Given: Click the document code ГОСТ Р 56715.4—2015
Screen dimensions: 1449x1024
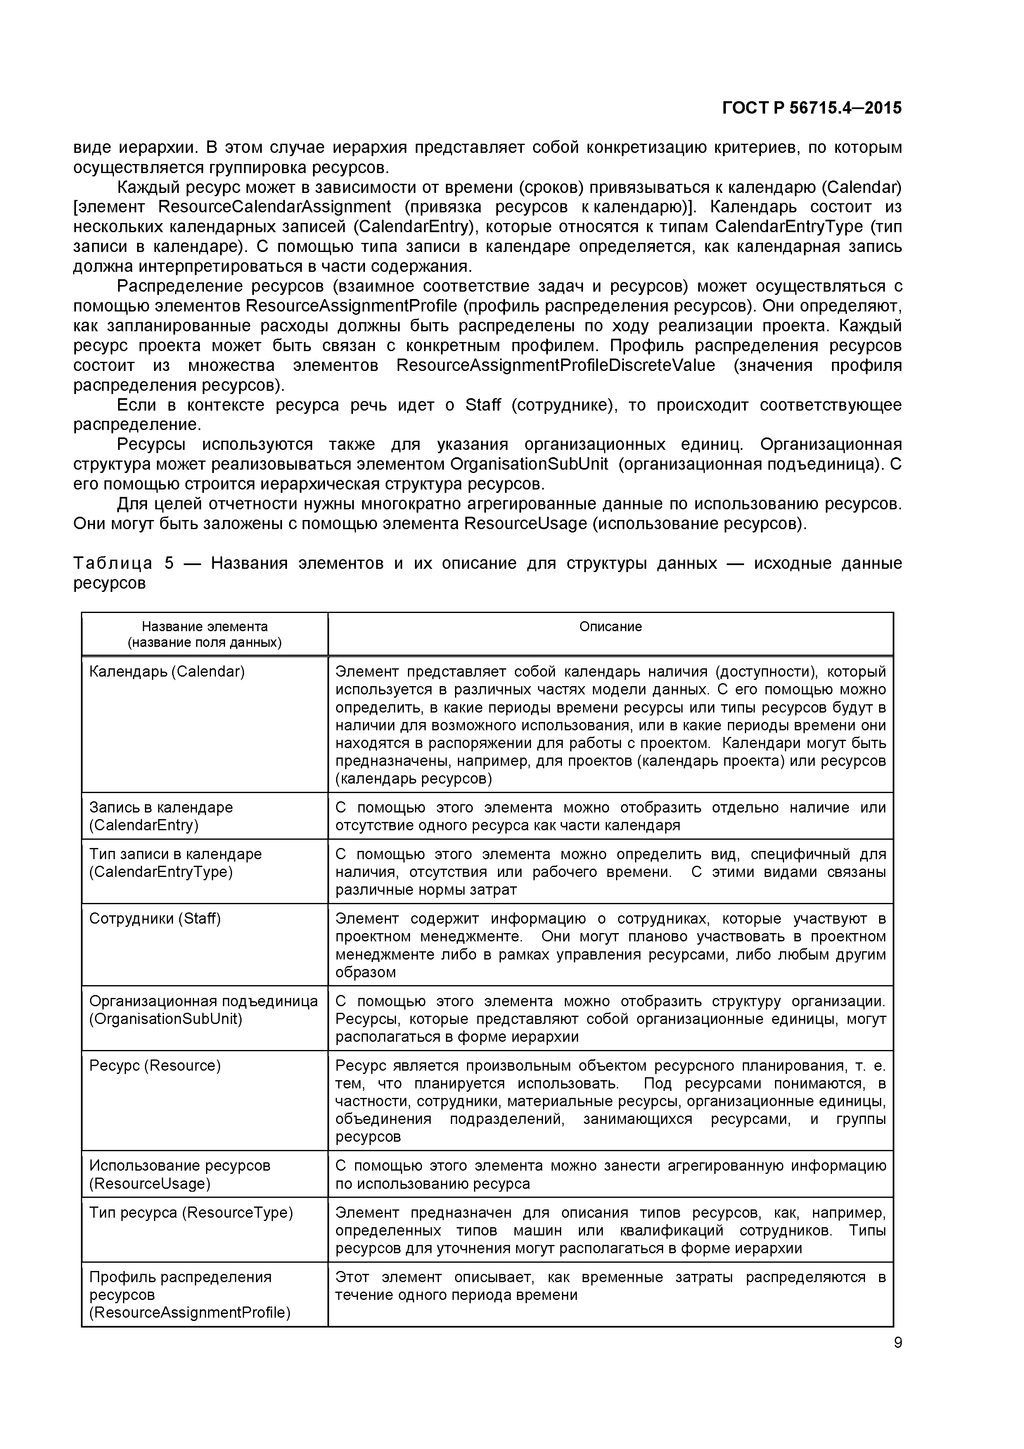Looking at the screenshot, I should (x=811, y=109).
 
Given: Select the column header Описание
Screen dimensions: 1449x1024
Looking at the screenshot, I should (x=610, y=626).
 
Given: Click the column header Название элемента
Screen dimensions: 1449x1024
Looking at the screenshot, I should (x=204, y=626).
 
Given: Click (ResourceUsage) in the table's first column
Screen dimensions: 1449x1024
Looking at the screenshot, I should (x=149, y=1183).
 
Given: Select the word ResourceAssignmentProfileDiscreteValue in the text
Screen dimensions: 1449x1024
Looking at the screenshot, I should (x=555, y=366).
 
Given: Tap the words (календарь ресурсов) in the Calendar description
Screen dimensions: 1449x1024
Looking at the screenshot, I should (x=413, y=779).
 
